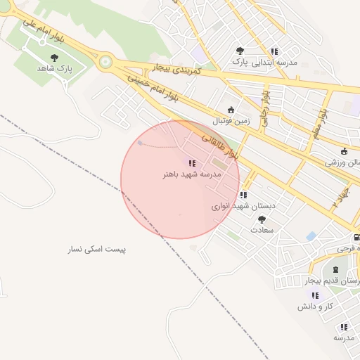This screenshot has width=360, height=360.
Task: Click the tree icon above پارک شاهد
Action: pos(55,58)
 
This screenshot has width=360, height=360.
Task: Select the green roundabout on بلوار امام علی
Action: pos(105,62)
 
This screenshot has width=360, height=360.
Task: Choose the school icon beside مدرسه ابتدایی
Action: pos(274,51)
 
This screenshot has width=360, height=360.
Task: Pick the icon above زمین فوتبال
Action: pos(231,109)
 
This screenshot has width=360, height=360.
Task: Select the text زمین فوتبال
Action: pos(232,120)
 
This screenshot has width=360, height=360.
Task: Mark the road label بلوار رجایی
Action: pos(265,106)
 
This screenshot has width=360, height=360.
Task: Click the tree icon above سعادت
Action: pos(262,219)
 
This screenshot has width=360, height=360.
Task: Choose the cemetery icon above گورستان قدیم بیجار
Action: pos(335,269)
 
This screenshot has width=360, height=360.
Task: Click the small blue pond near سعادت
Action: pos(310,236)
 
